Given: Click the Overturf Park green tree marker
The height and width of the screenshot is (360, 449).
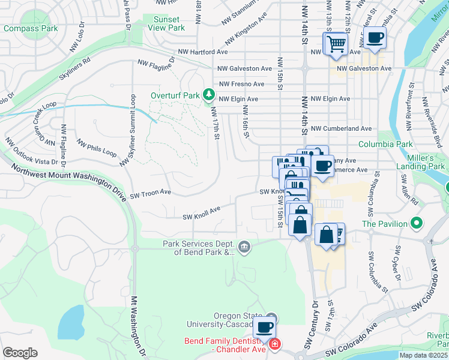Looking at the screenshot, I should pyautogui.click(x=208, y=94).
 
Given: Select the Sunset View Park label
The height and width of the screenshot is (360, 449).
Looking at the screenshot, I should pyautogui.click(x=168, y=23).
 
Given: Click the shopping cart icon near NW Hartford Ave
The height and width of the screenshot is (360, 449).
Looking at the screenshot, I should pyautogui.click(x=336, y=43).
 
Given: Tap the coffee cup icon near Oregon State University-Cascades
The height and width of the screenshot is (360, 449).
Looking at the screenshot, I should pyautogui.click(x=264, y=328).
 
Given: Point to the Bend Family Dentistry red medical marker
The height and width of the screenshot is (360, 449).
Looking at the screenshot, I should pyautogui.click(x=274, y=344).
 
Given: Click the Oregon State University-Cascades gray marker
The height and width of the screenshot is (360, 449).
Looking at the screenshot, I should pyautogui.click(x=271, y=317).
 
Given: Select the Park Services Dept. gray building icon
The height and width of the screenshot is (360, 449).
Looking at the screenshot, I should pyautogui.click(x=244, y=247).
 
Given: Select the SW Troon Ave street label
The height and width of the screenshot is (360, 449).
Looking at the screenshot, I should pyautogui.click(x=151, y=193).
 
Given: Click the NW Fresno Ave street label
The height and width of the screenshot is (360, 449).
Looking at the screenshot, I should pyautogui.click(x=241, y=84).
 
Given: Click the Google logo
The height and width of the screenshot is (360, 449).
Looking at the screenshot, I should pyautogui.click(x=20, y=353).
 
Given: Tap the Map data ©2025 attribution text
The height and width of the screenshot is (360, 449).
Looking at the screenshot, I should pyautogui.click(x=424, y=355).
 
